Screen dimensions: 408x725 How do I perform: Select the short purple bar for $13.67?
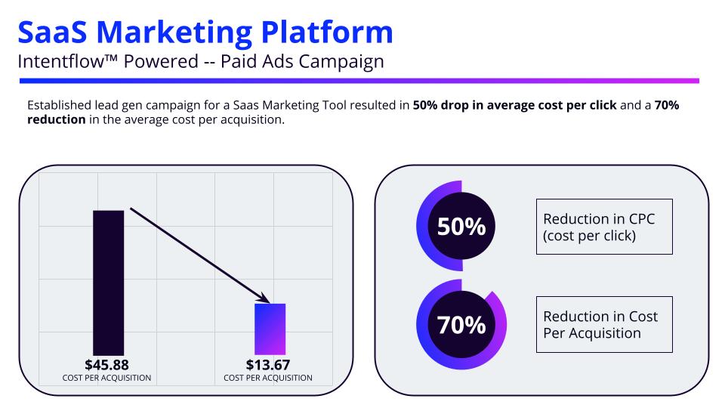[270, 329]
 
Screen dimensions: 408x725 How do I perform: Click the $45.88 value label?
[107, 365]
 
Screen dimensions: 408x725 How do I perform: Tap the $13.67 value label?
[268, 365]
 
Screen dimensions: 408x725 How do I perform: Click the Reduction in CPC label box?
[603, 227]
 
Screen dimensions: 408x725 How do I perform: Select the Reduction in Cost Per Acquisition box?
[603, 324]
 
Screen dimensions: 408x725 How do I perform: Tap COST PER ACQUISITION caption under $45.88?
[107, 378]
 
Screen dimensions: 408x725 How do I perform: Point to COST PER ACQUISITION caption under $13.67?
[268, 378]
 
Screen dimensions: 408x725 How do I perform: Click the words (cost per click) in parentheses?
[589, 235]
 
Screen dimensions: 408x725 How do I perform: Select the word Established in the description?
[58, 106]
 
